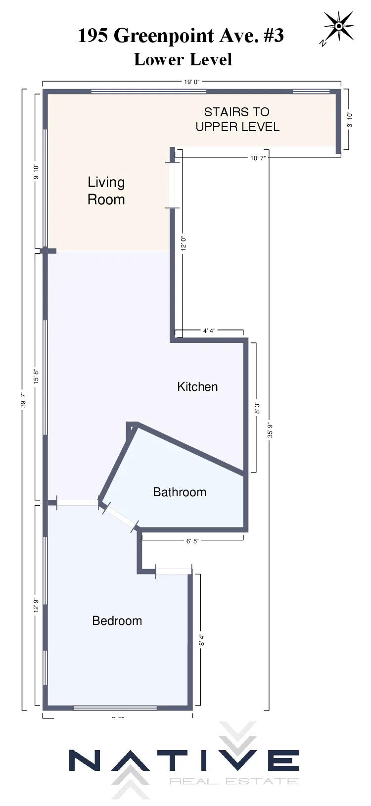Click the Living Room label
click(106, 190)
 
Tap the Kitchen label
click(197, 386)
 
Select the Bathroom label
click(180, 492)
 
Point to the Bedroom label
click(117, 620)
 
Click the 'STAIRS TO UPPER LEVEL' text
click(237, 119)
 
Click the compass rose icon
click(338, 27)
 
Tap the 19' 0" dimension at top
click(192, 82)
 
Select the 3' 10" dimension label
click(350, 119)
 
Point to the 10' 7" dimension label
click(258, 158)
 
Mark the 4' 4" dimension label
click(209, 331)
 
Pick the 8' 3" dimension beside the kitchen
click(257, 408)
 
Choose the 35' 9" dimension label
click(270, 430)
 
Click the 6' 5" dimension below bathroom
click(192, 541)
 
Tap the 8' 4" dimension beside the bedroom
click(201, 640)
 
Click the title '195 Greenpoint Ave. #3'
click(181, 36)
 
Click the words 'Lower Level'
click(183, 59)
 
